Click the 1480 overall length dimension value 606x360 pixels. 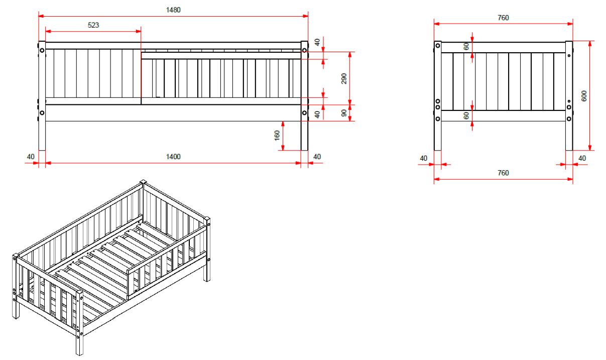tap(173, 10)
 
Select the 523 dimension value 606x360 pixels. tap(93, 25)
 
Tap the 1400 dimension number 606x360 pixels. tap(173, 157)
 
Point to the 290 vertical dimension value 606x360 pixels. tap(344, 79)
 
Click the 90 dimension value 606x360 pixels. tap(344, 113)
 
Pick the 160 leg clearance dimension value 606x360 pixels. tap(277, 136)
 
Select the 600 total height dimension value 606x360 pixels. tap(584, 96)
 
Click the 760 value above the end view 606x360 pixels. tap(503, 18)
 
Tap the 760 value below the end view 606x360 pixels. tap(503, 173)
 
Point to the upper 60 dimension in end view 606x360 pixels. tap(466, 47)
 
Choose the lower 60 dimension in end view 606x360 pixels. tap(466, 116)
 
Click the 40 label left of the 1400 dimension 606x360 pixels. tap(31, 157)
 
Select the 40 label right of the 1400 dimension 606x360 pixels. tap(317, 157)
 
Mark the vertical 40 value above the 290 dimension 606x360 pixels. tap(317, 42)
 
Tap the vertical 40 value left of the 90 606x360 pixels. tap(317, 114)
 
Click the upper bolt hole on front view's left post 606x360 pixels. tap(42, 50)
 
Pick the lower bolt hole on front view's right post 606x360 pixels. tap(304, 113)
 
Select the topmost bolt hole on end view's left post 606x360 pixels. tap(438, 46)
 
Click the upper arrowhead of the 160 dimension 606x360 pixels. tap(283, 124)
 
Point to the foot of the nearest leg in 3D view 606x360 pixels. tap(79, 354)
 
